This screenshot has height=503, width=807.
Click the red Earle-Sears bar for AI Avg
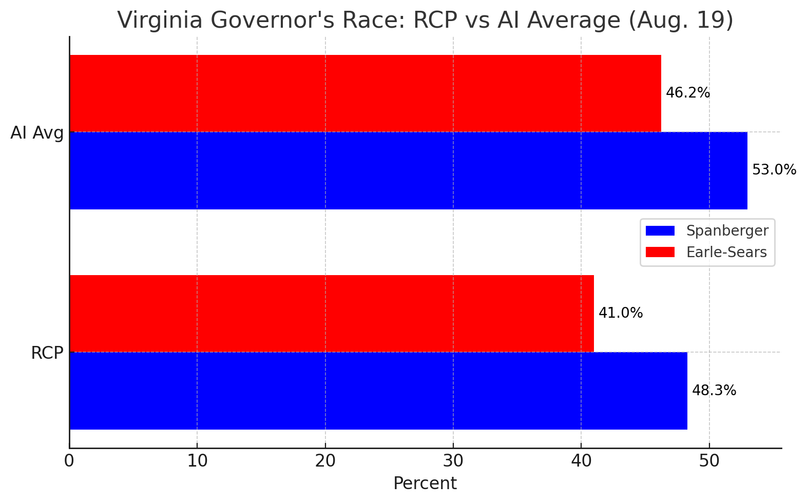tap(365, 93)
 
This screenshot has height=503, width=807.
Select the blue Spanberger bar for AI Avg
tap(408, 170)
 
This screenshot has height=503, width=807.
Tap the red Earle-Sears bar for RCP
tap(332, 313)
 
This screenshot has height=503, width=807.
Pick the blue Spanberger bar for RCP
tap(378, 391)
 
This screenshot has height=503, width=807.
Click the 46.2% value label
tap(687, 93)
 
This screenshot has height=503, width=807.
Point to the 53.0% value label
tap(774, 170)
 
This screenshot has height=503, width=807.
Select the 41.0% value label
tap(621, 313)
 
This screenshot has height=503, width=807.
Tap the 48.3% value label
tap(714, 391)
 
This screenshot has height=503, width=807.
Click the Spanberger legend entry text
tap(727, 231)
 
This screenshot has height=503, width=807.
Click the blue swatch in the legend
tap(660, 231)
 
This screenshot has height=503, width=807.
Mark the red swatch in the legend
tap(660, 253)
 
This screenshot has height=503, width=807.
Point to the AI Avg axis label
tap(37, 133)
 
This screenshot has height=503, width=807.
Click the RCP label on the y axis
tap(47, 353)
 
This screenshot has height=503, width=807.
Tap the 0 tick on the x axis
tap(69, 461)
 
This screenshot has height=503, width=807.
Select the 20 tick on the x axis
tap(325, 461)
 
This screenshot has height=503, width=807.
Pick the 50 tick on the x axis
tap(709, 461)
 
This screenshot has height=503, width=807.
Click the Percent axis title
tap(425, 483)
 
